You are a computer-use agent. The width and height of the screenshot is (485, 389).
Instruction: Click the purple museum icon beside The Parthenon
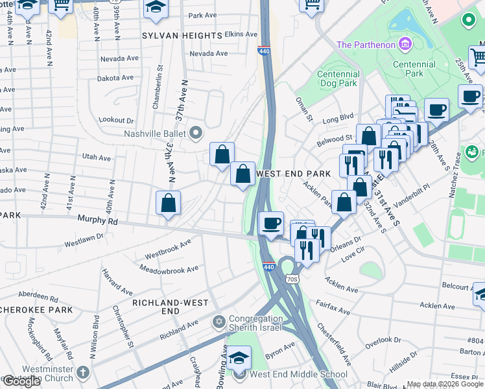click(x=405, y=44)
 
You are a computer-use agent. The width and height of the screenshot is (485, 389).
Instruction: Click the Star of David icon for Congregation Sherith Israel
click(x=219, y=322)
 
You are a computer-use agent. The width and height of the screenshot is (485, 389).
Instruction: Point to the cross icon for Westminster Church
click(x=82, y=373)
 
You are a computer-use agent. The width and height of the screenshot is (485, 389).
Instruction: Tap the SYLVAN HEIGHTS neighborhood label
click(x=182, y=35)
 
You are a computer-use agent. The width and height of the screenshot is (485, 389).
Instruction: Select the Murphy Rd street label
click(x=98, y=220)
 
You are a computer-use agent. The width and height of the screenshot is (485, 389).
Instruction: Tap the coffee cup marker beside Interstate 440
click(x=270, y=224)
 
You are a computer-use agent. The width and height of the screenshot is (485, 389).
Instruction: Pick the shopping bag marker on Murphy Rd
click(x=168, y=203)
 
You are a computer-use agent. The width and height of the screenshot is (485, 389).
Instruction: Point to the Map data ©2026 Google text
click(x=445, y=384)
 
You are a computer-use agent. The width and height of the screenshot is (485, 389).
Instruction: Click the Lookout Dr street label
click(x=116, y=120)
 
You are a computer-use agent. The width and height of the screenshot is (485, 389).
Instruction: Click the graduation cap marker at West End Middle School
click(x=239, y=358)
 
